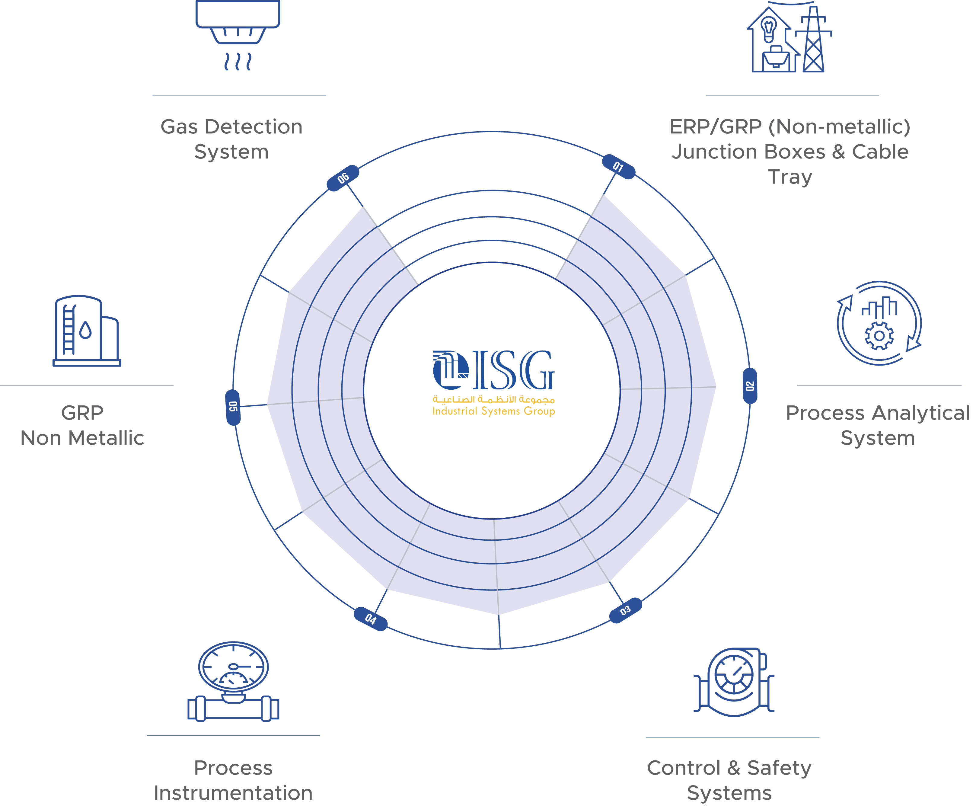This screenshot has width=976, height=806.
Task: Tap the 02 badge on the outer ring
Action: click(750, 386)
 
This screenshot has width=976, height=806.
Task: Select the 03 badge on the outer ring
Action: click(626, 610)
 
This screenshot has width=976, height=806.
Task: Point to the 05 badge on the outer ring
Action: click(233, 407)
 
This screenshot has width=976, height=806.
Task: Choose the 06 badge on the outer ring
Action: click(343, 178)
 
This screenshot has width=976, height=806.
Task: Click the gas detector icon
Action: click(238, 35)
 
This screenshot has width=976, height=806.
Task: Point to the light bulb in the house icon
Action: click(769, 29)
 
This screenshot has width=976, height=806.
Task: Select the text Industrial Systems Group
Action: click(493, 411)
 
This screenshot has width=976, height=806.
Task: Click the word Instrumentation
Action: click(233, 792)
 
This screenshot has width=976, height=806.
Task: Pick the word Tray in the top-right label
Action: click(790, 177)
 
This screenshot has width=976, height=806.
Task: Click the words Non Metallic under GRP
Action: click(82, 438)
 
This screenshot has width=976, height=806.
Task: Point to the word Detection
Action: click(254, 126)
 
